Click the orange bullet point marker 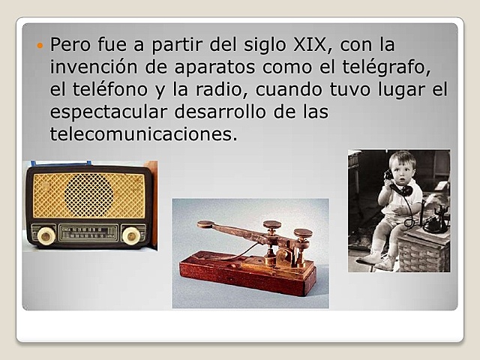[40, 46]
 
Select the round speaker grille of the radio [88, 195]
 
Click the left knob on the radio [46, 235]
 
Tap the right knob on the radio [132, 235]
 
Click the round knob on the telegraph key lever [205, 224]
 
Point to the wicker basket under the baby [424, 251]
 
